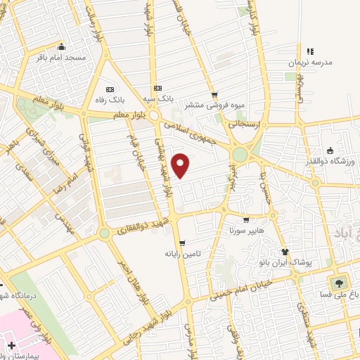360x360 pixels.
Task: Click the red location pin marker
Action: [181, 165]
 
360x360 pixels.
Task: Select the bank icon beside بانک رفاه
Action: [110, 89]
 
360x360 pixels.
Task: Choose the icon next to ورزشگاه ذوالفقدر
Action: [329, 150]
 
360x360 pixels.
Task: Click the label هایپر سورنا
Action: [245, 229]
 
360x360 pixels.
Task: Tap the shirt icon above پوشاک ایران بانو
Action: [285, 251]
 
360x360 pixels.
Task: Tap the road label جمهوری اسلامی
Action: [196, 132]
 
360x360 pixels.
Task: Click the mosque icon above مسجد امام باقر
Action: [61, 44]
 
